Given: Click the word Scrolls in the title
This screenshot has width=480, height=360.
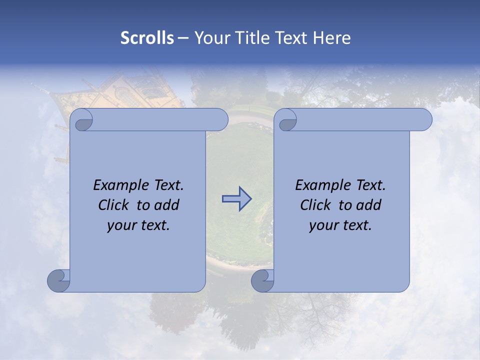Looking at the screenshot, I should (147, 38).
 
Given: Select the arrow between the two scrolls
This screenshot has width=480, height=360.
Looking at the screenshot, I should (236, 199).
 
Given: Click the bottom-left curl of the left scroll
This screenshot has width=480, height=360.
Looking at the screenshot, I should (58, 280).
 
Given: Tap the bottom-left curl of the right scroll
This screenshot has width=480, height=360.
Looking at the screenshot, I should (262, 280).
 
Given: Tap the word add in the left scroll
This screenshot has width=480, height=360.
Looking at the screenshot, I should (166, 205).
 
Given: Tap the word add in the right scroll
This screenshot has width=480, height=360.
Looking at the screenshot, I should (368, 205).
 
